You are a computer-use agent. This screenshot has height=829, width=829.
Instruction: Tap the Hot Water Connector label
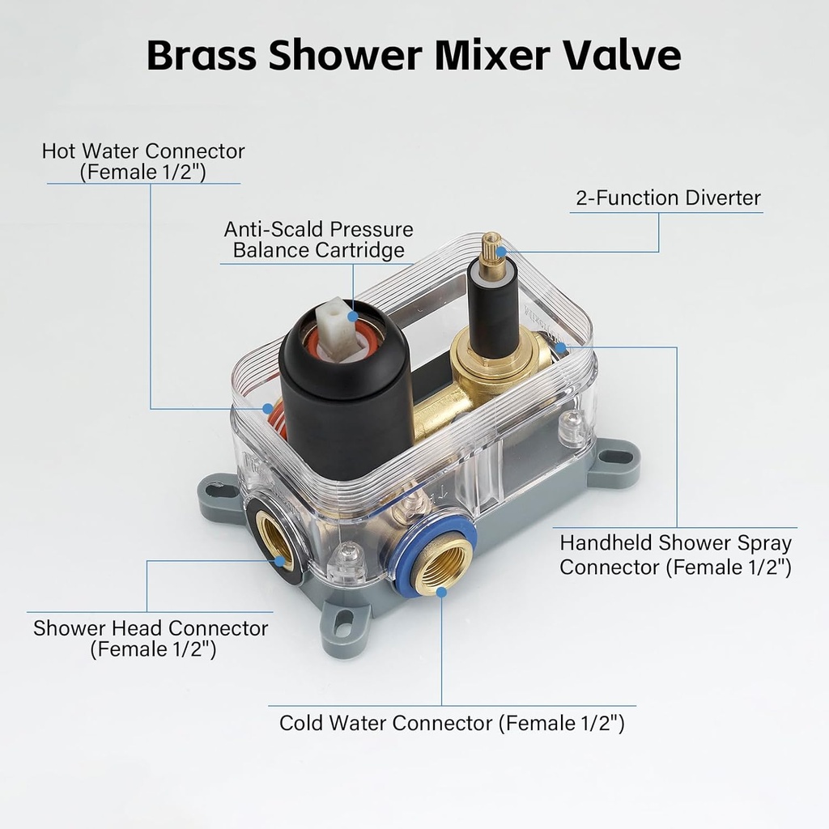(x=143, y=161)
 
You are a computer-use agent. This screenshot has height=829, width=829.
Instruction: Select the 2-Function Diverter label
(x=668, y=198)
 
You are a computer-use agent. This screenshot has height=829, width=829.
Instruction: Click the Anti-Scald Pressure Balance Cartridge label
(x=318, y=240)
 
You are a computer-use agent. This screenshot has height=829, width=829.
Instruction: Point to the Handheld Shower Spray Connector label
(x=675, y=555)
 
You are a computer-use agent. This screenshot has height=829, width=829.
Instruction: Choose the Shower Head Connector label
(x=151, y=638)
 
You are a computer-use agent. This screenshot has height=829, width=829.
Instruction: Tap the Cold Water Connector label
(x=452, y=722)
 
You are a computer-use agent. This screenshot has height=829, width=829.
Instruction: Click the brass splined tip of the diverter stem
(x=491, y=248)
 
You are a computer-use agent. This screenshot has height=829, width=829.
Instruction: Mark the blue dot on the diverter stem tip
(x=502, y=252)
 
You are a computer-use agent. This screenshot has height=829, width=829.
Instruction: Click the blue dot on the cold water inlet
(x=441, y=592)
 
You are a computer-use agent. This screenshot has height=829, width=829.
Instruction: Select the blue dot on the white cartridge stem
(x=351, y=316)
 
